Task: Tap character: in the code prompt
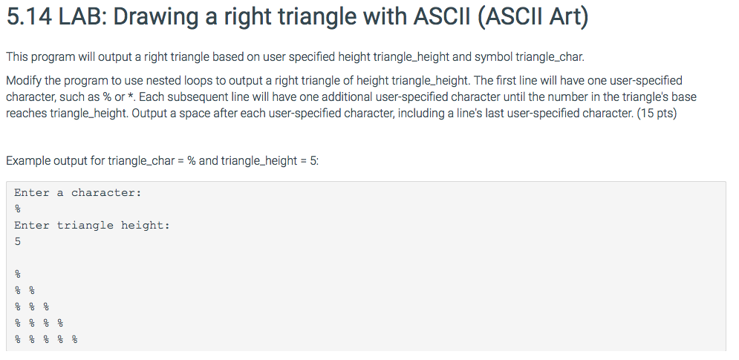point(105,193)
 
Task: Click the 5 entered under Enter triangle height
point(18,242)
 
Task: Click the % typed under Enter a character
point(18,209)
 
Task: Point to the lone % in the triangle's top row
point(18,275)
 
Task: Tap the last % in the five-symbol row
point(74,340)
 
